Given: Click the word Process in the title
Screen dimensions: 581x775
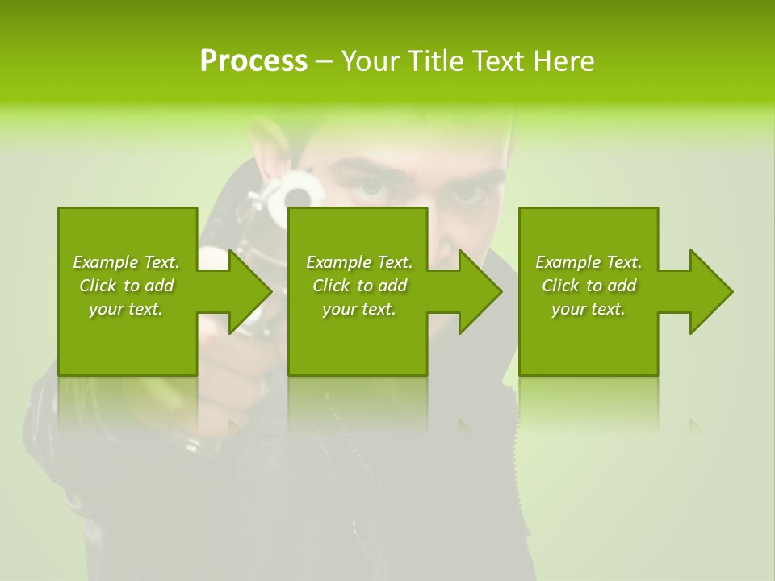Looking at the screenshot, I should tap(253, 61).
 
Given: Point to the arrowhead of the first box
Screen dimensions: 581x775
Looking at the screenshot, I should tap(250, 291).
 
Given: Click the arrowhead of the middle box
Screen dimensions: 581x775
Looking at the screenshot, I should tap(480, 291).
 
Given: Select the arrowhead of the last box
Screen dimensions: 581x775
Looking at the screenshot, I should tap(711, 291).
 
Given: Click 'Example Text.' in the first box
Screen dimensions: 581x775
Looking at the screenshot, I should tap(126, 262).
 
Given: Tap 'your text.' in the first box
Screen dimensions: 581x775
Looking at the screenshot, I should tap(126, 309).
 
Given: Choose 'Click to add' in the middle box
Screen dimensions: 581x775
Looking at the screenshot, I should tap(359, 286).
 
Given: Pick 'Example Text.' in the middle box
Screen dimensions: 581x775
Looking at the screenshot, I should tap(359, 262).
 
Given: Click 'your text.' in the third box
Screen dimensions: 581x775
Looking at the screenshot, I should tap(589, 309).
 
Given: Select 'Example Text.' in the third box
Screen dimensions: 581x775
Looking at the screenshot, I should tap(589, 262).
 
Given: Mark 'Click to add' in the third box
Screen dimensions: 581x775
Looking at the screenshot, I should tap(589, 286).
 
